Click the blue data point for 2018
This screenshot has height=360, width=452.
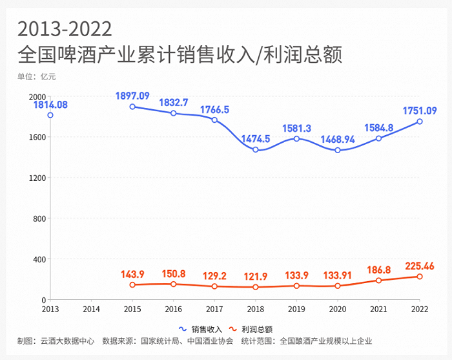pos(256,150)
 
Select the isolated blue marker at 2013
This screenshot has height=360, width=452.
pos(50,115)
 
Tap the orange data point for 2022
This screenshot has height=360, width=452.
pos(420,277)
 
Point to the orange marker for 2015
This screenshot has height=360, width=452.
pos(132,285)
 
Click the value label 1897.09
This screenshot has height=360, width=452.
pos(132,96)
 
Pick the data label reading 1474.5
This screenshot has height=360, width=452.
pos(256,138)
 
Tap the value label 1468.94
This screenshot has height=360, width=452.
pos(338,139)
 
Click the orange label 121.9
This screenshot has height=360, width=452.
pos(256,276)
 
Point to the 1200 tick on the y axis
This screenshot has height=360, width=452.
pos(38,178)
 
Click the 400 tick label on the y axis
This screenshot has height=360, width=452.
pos(41,259)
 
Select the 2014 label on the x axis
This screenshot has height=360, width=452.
pos(91,310)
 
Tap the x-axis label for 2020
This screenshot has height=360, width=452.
pos(338,310)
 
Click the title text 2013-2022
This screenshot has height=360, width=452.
pos(65,29)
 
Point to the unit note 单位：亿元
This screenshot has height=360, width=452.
pos(37,77)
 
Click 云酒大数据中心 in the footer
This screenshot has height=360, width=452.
pos(67,341)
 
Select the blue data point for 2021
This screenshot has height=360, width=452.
pos(378,138)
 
